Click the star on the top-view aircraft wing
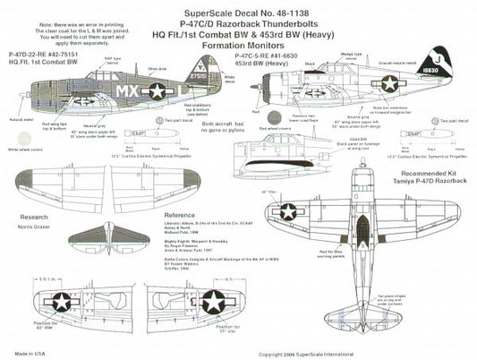[289, 212]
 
